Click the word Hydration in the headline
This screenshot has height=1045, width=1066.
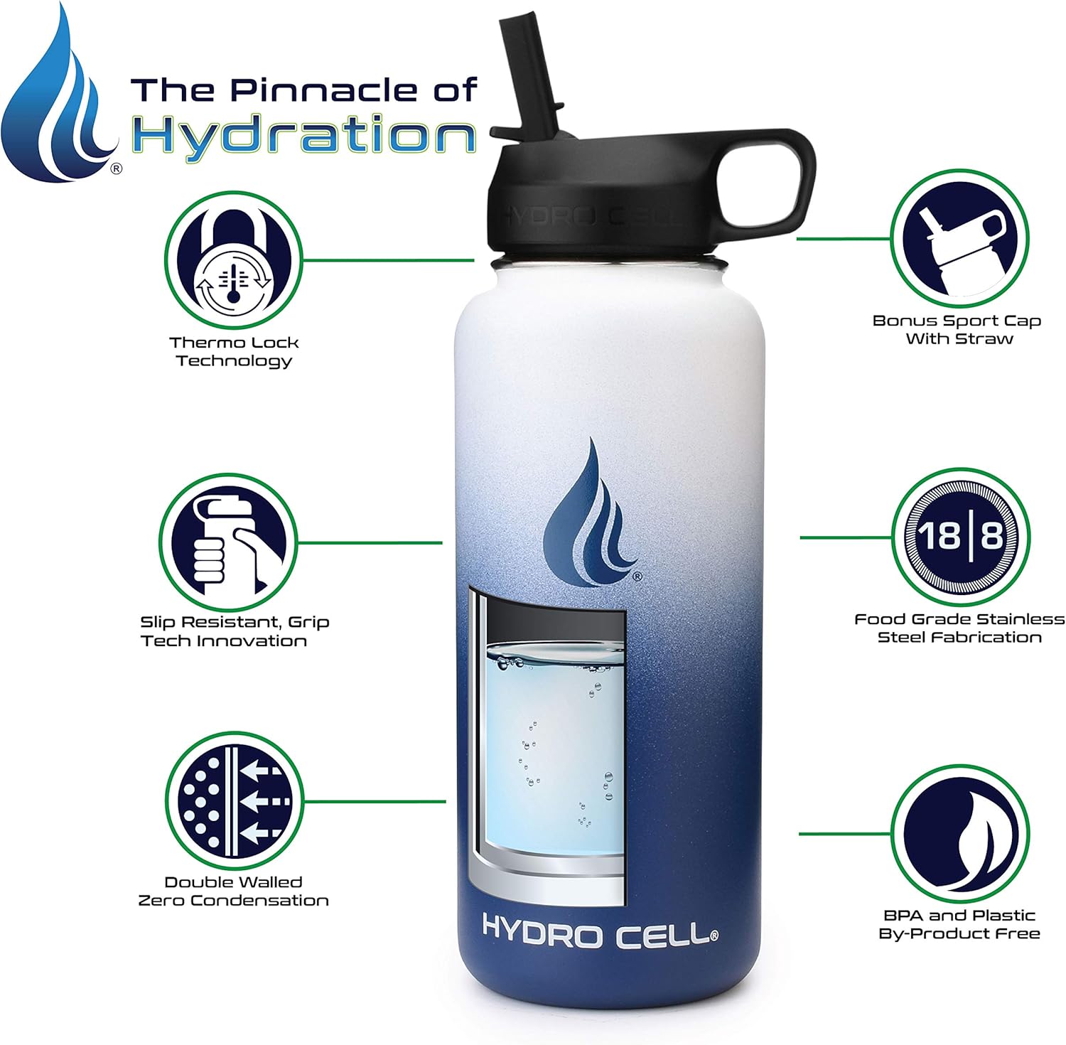pos(304,135)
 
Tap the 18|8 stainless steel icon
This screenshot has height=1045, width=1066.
pos(959,537)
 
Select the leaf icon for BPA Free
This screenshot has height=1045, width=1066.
pos(959,833)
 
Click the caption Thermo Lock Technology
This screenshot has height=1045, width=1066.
pos(234,351)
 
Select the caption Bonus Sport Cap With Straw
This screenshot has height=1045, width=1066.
pos(957,329)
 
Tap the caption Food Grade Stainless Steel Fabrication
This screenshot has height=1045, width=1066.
pos(959,628)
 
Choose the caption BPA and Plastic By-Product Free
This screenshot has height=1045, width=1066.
pos(959,924)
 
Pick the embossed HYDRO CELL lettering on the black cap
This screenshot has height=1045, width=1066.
pos(590,215)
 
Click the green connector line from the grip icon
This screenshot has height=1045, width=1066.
pos(370,543)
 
